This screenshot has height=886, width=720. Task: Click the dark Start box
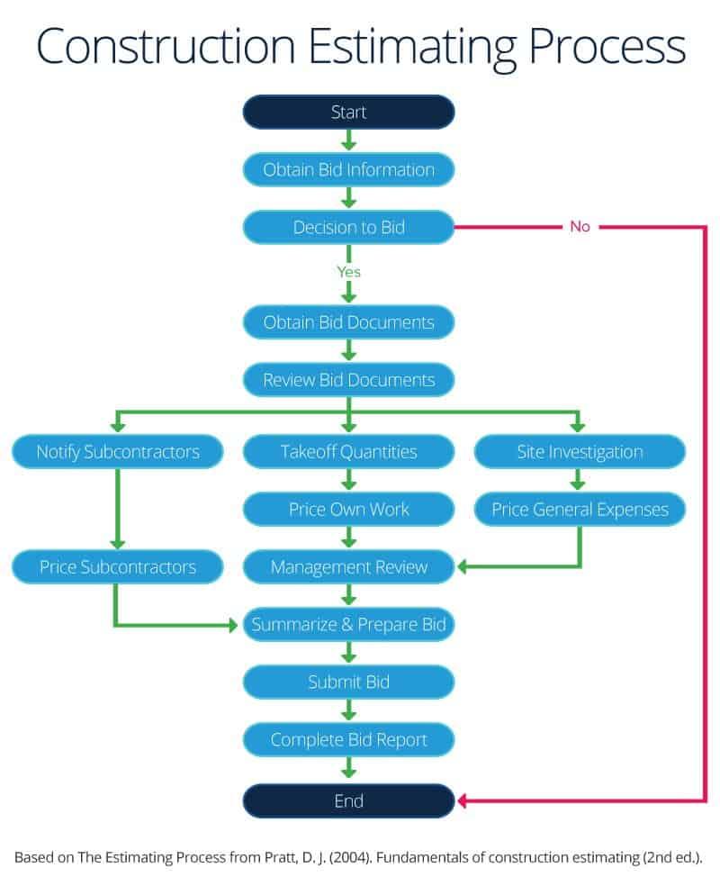[x=348, y=113]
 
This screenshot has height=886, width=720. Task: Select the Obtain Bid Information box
[x=348, y=169]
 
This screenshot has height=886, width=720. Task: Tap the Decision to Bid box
[x=348, y=227]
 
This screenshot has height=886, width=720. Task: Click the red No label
[x=580, y=227]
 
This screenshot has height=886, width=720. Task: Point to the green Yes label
[x=348, y=271]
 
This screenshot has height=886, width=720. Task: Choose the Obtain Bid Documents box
[x=348, y=322]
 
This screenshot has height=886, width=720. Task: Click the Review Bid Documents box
[x=348, y=380]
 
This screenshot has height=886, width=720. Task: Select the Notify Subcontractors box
[x=117, y=451]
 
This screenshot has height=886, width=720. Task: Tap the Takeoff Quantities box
[x=348, y=451]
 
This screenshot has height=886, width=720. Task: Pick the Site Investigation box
[x=580, y=451]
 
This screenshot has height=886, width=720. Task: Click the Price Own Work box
[x=348, y=509]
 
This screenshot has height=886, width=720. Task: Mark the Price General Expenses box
[x=580, y=509]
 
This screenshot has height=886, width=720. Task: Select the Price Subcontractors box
[x=117, y=567]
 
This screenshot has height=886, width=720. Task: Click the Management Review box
[x=348, y=567]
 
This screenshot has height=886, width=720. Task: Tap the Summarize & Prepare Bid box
[x=348, y=624]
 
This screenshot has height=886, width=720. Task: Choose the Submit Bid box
[x=348, y=682]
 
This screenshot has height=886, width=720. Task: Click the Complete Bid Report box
[x=348, y=740]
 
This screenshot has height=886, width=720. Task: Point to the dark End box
[x=348, y=800]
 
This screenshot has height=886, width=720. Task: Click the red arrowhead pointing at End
[x=463, y=800]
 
